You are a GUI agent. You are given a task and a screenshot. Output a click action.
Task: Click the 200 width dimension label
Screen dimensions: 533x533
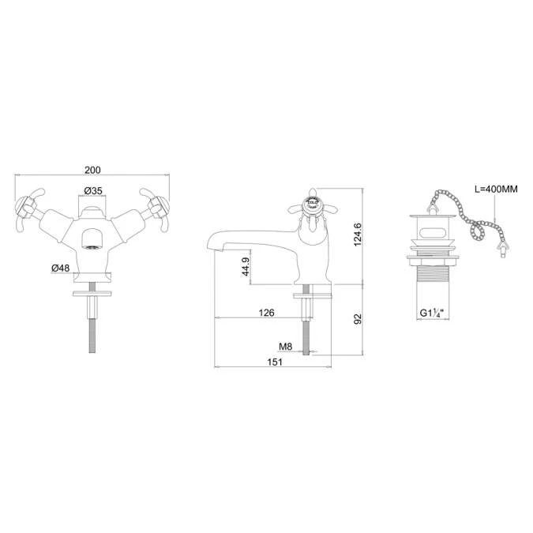tap(92, 170)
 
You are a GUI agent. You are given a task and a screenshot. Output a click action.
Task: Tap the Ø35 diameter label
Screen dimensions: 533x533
tap(93, 191)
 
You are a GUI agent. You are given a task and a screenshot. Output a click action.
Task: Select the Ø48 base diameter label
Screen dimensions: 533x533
tap(61, 268)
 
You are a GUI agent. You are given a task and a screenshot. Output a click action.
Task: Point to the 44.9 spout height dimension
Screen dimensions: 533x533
tap(246, 267)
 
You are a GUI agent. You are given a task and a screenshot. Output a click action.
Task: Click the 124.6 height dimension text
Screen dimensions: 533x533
tap(358, 235)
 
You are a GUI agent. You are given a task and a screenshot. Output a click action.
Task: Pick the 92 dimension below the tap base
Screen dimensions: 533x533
tap(358, 319)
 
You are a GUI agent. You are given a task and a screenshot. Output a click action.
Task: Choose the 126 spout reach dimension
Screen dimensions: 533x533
tap(266, 313)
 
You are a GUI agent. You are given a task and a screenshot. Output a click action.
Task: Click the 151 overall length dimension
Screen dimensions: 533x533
tap(275, 362)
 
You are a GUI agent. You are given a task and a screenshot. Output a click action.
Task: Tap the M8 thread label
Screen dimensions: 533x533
tap(286, 347)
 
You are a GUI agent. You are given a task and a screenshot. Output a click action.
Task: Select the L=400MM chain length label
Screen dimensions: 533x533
tap(496, 189)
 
